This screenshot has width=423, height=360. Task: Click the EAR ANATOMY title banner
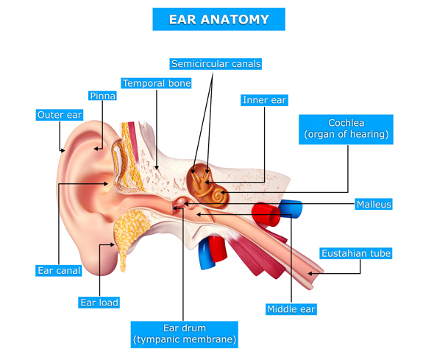[218, 19]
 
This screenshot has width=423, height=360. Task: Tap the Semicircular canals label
[216, 64]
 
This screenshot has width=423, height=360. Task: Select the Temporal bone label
[156, 83]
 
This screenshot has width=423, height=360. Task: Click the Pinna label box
[102, 96]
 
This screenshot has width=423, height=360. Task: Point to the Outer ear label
[60, 115]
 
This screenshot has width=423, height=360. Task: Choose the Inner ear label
[264, 100]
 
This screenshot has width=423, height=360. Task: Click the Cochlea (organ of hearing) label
[346, 130]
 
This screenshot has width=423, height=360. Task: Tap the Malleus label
[374, 205]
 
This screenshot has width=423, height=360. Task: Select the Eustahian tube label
[356, 253]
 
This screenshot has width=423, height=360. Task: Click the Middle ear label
[291, 309]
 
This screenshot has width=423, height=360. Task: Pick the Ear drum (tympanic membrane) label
[185, 334]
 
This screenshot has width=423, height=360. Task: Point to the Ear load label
[99, 303]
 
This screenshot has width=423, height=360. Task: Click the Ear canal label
[59, 271]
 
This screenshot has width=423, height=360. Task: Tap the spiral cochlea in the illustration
[218, 197]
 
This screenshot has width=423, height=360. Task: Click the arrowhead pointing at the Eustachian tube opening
[310, 274]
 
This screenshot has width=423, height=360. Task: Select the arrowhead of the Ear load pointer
[113, 244]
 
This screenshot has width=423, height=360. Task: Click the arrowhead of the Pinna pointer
[96, 149]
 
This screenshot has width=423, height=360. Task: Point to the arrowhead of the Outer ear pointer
[63, 150]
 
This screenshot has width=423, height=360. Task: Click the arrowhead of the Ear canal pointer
[106, 183]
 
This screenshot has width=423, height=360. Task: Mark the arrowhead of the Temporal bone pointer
[157, 168]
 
